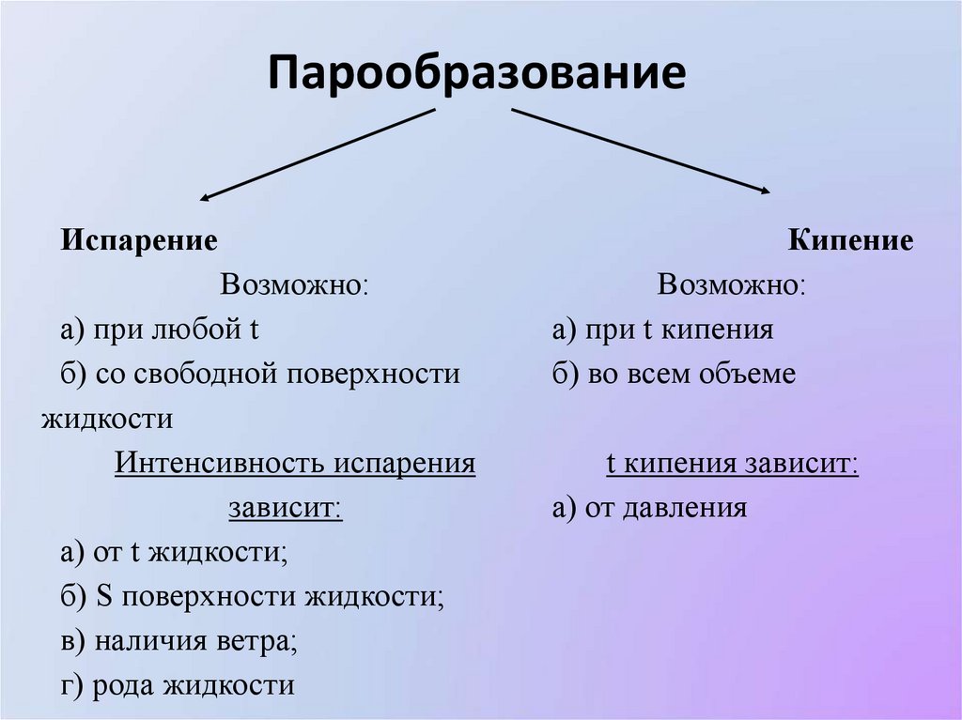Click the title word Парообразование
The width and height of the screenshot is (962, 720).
(x=477, y=73)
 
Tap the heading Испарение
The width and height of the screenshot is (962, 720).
(x=140, y=240)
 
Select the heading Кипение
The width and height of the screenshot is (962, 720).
(x=850, y=240)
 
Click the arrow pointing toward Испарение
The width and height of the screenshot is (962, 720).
(x=318, y=153)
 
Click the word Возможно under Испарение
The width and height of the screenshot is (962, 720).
(x=294, y=285)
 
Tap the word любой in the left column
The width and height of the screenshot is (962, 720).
(x=201, y=330)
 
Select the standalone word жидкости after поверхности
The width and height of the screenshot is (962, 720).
(x=107, y=419)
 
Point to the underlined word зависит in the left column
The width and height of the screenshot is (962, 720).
(x=285, y=508)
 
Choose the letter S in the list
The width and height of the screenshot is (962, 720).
(x=104, y=597)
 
